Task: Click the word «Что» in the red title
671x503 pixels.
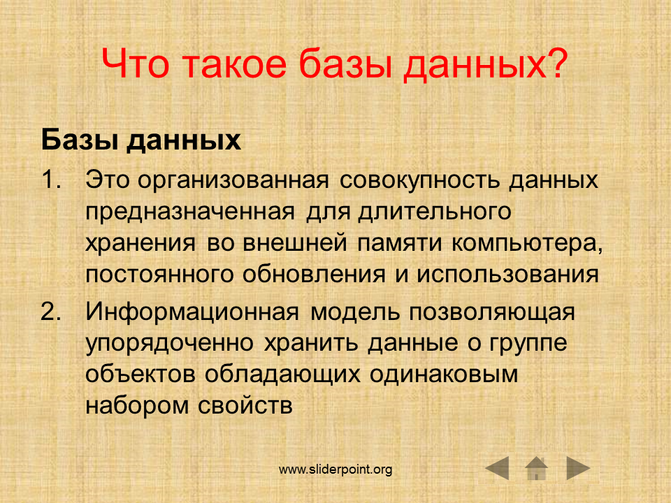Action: point(135,64)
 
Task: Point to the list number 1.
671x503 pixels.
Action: point(50,180)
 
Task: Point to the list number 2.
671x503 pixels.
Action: point(51,312)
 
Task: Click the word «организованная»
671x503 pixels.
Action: point(233,180)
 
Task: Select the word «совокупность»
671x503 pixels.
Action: point(420,180)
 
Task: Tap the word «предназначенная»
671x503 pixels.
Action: point(190,212)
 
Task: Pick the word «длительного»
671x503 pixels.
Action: point(435,212)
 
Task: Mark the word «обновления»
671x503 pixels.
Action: point(314,275)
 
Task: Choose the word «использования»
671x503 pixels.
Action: point(507,275)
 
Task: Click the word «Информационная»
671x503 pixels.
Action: point(192,312)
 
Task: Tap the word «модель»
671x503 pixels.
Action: point(355,312)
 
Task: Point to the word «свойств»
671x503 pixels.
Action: point(245,405)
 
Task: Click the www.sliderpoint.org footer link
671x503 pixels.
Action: point(335,469)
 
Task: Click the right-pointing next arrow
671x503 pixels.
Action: point(578,468)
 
